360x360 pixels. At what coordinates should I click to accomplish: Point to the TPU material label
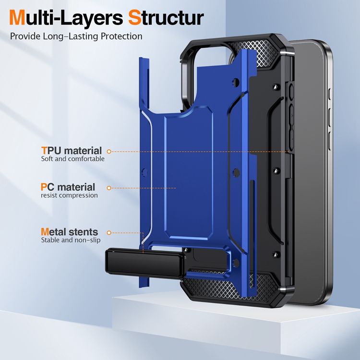coord(71,151)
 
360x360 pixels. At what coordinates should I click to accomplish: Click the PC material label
coord(68,187)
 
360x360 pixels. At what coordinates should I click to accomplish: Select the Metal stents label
coord(69,232)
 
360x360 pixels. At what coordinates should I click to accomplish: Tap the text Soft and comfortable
coord(72,159)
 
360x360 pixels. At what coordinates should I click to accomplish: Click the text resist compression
coord(69,195)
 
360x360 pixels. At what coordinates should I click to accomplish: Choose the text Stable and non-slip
coord(70,240)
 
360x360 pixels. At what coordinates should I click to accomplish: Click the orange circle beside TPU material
coord(109,151)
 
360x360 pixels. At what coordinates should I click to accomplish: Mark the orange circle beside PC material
coord(109,188)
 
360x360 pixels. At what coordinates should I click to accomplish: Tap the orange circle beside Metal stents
coord(109,232)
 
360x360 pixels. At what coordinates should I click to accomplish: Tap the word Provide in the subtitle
coord(25,36)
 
